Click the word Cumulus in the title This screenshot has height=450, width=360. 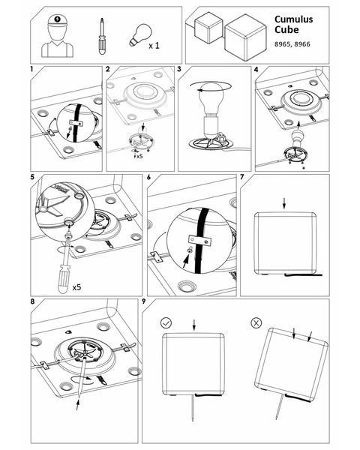point(293,19)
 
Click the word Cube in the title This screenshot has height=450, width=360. point(286,29)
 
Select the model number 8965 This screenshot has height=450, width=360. point(282,44)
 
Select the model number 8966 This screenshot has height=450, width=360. point(302,44)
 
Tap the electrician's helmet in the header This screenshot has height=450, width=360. point(58,21)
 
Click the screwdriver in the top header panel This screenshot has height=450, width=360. point(101,36)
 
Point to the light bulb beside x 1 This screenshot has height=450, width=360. point(139,35)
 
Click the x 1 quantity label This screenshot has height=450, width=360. point(154,45)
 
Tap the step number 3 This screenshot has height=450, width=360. point(179,70)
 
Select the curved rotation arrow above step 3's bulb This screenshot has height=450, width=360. point(211,86)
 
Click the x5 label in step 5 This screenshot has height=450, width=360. point(77,286)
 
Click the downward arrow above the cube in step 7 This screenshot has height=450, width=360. point(284,203)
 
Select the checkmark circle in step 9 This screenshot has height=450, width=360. point(166,322)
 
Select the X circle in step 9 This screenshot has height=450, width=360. point(256,322)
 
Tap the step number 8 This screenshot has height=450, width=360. point(32,301)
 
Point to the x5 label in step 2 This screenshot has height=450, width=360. point(139,157)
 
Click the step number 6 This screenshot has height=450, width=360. point(148,177)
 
